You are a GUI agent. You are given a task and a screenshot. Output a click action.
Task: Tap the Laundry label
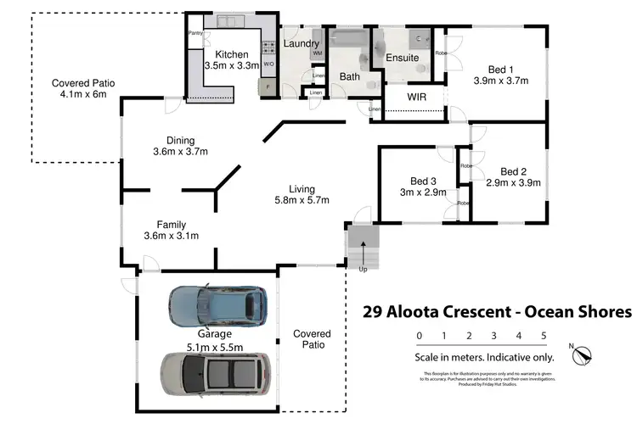(301, 44)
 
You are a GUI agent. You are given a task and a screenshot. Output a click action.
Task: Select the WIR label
(416, 98)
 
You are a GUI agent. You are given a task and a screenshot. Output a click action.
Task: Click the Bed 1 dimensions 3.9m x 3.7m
(500, 81)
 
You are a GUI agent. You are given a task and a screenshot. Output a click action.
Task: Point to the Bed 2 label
(513, 170)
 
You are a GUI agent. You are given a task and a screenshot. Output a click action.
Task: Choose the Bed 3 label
(423, 181)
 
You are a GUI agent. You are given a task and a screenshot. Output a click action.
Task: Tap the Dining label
(180, 141)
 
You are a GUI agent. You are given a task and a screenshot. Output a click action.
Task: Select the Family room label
(171, 225)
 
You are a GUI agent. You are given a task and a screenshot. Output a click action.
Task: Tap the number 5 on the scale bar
(543, 336)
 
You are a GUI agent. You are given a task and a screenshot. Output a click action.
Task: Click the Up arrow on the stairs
(364, 251)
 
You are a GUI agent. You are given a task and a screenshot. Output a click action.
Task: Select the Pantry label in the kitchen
(195, 34)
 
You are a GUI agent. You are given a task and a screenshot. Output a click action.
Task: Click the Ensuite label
(402, 59)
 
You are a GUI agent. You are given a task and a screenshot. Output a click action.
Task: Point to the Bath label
(349, 76)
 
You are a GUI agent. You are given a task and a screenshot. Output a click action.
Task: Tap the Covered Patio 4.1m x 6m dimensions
(82, 95)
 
